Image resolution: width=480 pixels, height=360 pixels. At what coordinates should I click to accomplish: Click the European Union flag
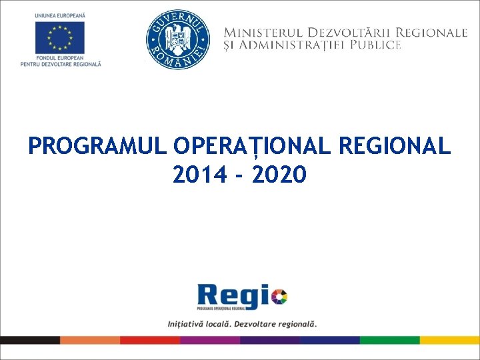[x=61, y=37]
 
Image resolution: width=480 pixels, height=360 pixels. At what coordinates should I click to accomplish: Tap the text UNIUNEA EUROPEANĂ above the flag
[x=61, y=15]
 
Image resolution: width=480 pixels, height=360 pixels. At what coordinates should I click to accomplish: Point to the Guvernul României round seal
[x=177, y=40]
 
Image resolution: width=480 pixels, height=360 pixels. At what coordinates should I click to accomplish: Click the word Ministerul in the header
[x=260, y=32]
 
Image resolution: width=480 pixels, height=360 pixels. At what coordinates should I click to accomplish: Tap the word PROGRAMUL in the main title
[x=97, y=146]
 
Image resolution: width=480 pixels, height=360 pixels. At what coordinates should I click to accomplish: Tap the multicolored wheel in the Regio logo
[x=279, y=296]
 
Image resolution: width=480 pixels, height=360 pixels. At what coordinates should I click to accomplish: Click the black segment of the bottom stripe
[x=30, y=339]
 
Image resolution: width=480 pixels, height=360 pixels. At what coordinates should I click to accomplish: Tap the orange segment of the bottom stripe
[x=90, y=339]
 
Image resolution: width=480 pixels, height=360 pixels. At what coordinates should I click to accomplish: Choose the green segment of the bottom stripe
[x=390, y=339]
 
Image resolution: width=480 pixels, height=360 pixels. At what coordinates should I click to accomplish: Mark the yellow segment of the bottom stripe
[x=450, y=339]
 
